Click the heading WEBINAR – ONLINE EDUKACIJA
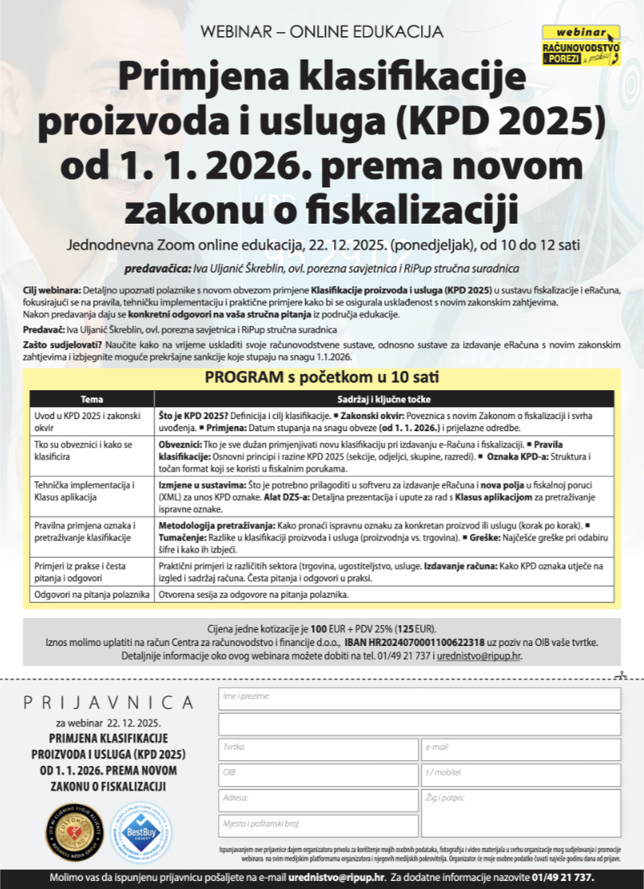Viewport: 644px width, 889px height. (322, 32)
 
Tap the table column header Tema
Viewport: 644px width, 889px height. (85, 399)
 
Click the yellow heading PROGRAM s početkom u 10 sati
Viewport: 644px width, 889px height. (321, 378)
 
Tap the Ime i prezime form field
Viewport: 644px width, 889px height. (419, 698)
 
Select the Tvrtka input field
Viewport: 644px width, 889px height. (318, 749)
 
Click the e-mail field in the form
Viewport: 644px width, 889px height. (520, 749)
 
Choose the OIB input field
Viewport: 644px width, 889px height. (318, 775)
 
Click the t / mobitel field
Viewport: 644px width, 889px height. (520, 775)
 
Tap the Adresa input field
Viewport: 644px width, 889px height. (318, 800)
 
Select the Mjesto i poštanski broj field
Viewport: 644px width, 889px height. (318, 825)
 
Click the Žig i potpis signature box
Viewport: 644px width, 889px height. (520, 813)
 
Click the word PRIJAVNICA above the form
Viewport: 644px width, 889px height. (108, 703)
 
